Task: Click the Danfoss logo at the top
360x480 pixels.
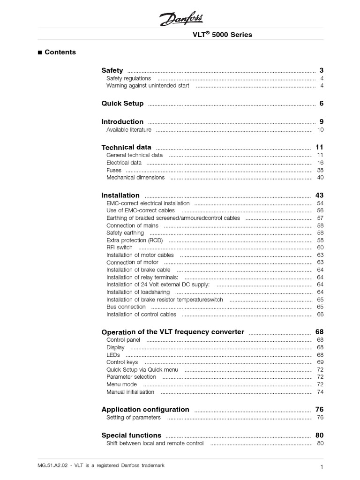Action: coord(180,19)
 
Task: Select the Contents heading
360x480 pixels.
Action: coord(60,52)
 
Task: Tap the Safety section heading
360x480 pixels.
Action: coord(112,70)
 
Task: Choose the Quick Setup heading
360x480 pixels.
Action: coord(122,104)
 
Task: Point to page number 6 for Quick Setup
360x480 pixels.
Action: coord(322,104)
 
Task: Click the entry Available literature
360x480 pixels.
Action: coord(129,130)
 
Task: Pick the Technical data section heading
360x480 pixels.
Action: coord(126,147)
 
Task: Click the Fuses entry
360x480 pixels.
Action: coord(114,170)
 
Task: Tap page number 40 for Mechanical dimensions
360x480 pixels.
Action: coord(321,178)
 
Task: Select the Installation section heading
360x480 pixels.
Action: coord(120,195)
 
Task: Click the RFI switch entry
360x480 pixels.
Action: coord(120,247)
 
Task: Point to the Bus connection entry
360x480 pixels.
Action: coord(126,307)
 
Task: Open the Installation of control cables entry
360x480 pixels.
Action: coord(141,315)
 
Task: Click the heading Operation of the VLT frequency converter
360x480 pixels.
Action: coord(172,332)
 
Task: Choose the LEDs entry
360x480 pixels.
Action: coord(113,355)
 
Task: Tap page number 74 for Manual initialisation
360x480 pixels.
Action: coord(321,392)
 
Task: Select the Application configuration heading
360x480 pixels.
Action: coord(145,409)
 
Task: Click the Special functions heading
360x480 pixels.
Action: coord(131,435)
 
